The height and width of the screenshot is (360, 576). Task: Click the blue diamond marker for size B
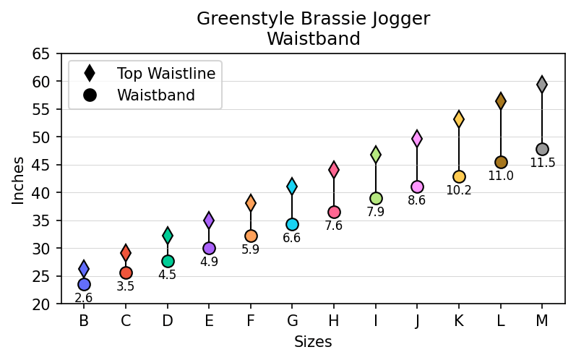coord(84,269)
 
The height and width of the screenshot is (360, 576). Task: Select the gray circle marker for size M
coord(542,150)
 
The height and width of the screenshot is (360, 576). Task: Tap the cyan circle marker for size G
coord(292,224)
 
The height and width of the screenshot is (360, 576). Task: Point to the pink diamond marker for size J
coord(417,138)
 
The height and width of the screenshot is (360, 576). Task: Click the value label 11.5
coord(542,163)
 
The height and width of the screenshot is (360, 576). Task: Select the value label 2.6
coord(84,298)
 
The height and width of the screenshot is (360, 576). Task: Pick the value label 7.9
coord(375,212)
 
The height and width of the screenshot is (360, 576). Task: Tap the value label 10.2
coord(458,191)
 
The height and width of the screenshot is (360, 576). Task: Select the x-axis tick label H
coord(334,321)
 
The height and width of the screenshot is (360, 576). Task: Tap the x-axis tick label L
coord(500,321)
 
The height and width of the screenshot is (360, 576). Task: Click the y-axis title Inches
coord(18,179)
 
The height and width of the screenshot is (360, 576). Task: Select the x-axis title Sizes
coord(312,342)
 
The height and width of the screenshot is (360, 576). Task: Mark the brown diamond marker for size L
coord(500,101)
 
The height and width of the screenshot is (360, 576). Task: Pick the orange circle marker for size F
coord(251,236)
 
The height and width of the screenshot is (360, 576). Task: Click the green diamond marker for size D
coord(168,235)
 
